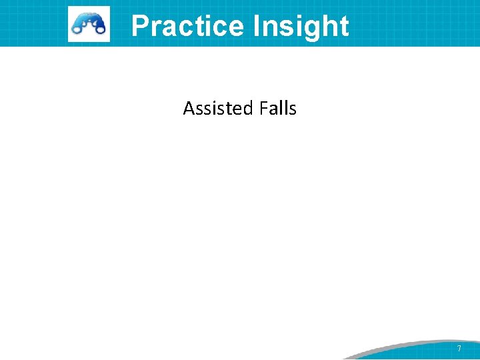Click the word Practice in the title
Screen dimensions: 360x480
click(x=188, y=25)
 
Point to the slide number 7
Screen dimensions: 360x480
click(x=459, y=349)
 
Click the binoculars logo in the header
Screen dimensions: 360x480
click(x=89, y=24)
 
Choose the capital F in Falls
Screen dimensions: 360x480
click(x=266, y=108)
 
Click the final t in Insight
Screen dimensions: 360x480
click(x=343, y=25)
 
